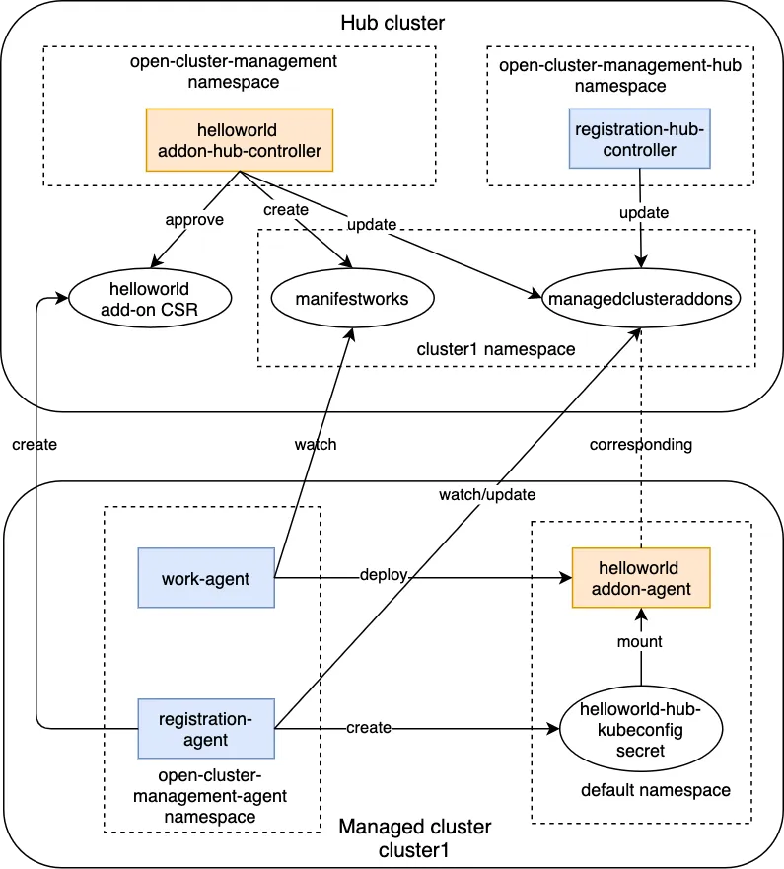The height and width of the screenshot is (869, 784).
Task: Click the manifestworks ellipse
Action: (x=338, y=299)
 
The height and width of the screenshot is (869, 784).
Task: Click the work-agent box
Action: (x=206, y=578)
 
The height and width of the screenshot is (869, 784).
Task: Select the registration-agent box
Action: (x=206, y=729)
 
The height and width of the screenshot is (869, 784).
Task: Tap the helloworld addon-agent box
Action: (x=641, y=577)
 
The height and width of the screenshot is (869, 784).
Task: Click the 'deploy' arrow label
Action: (x=383, y=575)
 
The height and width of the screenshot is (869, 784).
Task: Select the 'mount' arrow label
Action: (x=641, y=641)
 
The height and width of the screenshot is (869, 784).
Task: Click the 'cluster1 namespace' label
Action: (x=496, y=349)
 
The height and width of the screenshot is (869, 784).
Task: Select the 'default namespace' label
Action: (x=656, y=790)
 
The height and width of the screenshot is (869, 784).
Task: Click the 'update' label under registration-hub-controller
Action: (x=643, y=212)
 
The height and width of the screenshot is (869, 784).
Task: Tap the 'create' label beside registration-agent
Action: (x=368, y=728)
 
